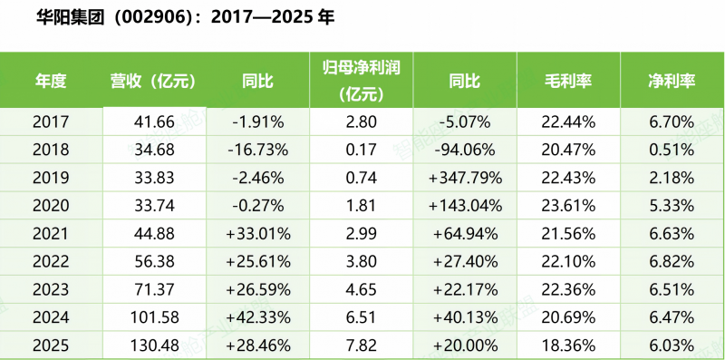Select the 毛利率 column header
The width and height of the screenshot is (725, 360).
point(568,81)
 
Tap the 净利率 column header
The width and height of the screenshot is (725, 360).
point(672,81)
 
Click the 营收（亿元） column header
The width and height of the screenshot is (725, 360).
point(154,81)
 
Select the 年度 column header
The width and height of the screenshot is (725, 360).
point(51,81)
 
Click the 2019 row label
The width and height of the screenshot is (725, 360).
point(51,178)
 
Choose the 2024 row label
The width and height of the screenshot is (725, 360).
point(51,317)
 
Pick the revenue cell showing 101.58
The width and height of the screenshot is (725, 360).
point(154,317)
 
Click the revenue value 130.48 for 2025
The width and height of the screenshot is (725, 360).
point(154,345)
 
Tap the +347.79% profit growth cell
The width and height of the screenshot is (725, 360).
point(465,178)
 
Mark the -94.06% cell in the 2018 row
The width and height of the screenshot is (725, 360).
point(465,150)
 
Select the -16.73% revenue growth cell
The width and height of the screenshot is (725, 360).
point(258,150)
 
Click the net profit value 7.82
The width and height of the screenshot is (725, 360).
point(361,345)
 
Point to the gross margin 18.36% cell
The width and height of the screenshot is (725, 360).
point(568,345)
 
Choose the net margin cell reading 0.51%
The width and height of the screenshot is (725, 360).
point(672,150)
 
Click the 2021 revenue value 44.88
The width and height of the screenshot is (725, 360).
point(154,234)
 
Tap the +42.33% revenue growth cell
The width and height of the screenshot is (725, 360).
point(258,317)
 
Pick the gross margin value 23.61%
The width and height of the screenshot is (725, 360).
point(568,206)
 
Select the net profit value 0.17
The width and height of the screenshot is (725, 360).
point(361,150)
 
